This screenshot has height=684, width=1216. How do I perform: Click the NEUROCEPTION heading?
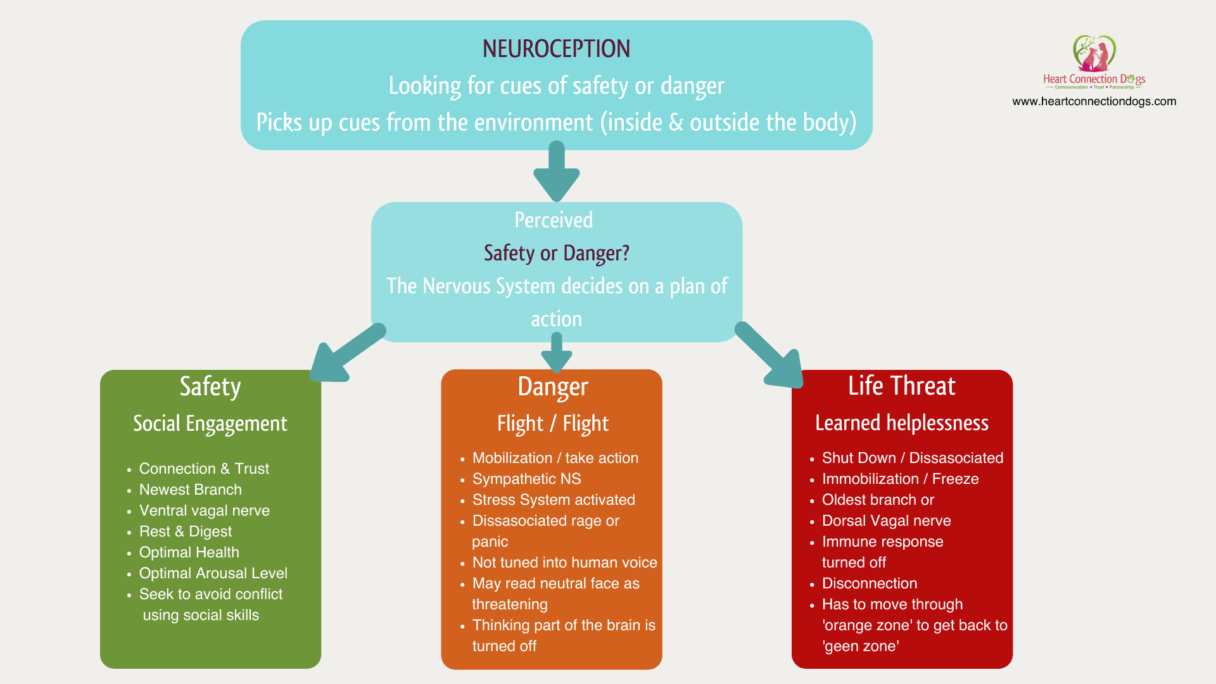[x=556, y=49]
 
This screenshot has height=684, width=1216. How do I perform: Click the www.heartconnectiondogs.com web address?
[x=1094, y=101]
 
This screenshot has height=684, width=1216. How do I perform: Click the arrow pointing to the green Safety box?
[x=345, y=355]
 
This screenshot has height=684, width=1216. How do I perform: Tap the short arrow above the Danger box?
[x=557, y=353]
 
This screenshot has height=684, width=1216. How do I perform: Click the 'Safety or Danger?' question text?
[x=556, y=253]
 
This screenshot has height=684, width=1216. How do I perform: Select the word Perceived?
[x=554, y=220]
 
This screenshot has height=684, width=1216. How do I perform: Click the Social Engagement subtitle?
[x=210, y=424]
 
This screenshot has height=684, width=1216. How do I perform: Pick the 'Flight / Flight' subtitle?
[x=552, y=424]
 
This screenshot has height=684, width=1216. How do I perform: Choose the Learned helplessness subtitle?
[x=901, y=423]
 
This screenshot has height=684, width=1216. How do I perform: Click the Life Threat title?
[x=901, y=386]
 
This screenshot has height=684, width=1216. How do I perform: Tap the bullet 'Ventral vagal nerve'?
[x=204, y=510]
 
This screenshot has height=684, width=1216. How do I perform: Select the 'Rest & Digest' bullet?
[x=185, y=531]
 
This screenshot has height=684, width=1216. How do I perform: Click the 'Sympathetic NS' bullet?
[x=526, y=479]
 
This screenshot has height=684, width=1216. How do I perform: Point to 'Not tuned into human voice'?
[x=564, y=562]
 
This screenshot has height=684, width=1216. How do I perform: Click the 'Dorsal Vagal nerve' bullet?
[x=886, y=521]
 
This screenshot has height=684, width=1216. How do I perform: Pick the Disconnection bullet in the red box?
[x=869, y=583]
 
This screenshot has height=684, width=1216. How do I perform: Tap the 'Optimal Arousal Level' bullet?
[x=213, y=573]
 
